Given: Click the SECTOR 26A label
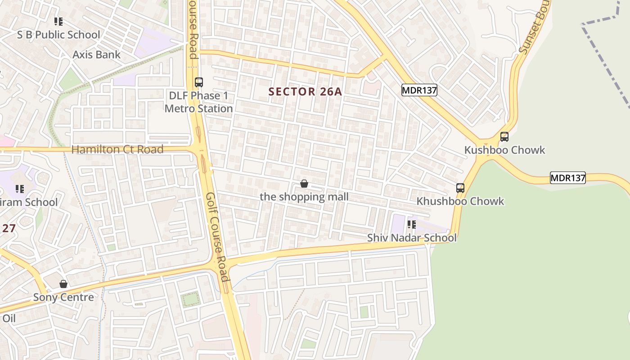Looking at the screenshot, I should pos(305,92).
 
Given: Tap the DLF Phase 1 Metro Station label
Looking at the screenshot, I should pos(198,102).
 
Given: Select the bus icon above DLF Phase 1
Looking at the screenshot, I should pos(198,82).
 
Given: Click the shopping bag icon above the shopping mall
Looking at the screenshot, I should pos(304,184).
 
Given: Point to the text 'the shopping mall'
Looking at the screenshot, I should pos(304,197).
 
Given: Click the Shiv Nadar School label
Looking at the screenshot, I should pos(412,238).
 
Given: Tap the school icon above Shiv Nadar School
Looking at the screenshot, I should pos(411,224).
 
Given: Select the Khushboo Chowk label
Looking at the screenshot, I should pos(460,201).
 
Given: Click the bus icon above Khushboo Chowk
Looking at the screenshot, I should pos(460,188).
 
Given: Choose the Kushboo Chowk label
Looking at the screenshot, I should pos(504,150).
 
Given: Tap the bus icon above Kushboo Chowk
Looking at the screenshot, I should pos(504,137).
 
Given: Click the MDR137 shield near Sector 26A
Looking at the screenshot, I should pos(419,90).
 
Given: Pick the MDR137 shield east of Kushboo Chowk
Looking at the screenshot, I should pos(568,178).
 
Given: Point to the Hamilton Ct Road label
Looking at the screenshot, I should pos(117,149).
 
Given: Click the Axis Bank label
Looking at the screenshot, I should pos(97,55).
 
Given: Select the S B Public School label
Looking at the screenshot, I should pos(58,35).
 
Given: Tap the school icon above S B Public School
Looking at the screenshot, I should pos(58,21).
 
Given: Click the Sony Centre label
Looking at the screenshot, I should pos(63,297).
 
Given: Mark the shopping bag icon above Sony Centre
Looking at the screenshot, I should pos(63,284).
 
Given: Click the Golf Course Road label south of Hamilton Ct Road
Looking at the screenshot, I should pos(218,236).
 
